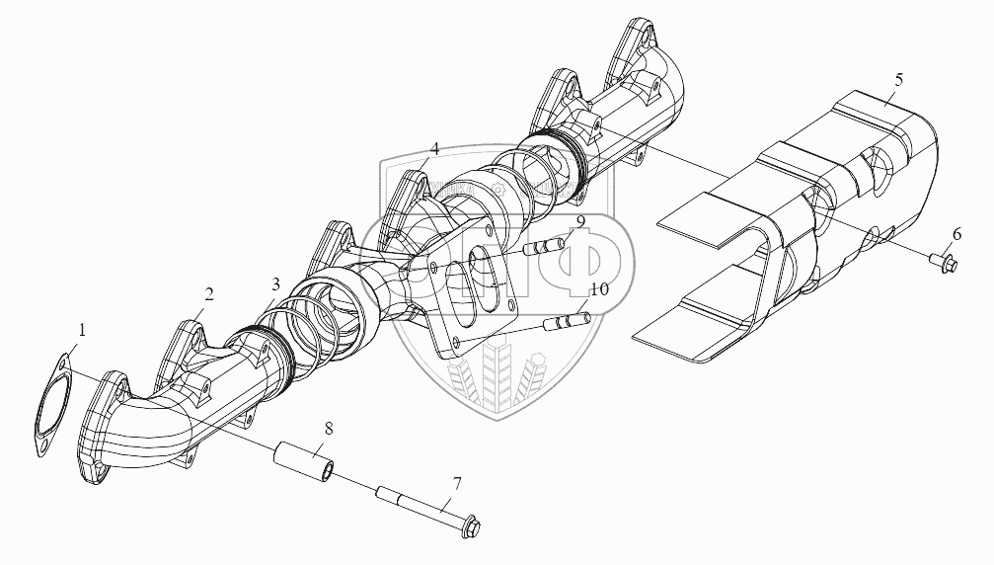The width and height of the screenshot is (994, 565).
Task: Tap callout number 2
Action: coord(208,293)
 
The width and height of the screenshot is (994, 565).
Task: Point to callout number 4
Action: coord(433,149)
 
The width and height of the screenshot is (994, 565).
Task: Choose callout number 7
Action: coord(456,483)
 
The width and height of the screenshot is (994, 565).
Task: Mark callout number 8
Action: coord(328,428)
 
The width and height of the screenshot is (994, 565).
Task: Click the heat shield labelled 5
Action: coord(790,227)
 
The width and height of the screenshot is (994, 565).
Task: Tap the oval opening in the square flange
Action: coord(481,280)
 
